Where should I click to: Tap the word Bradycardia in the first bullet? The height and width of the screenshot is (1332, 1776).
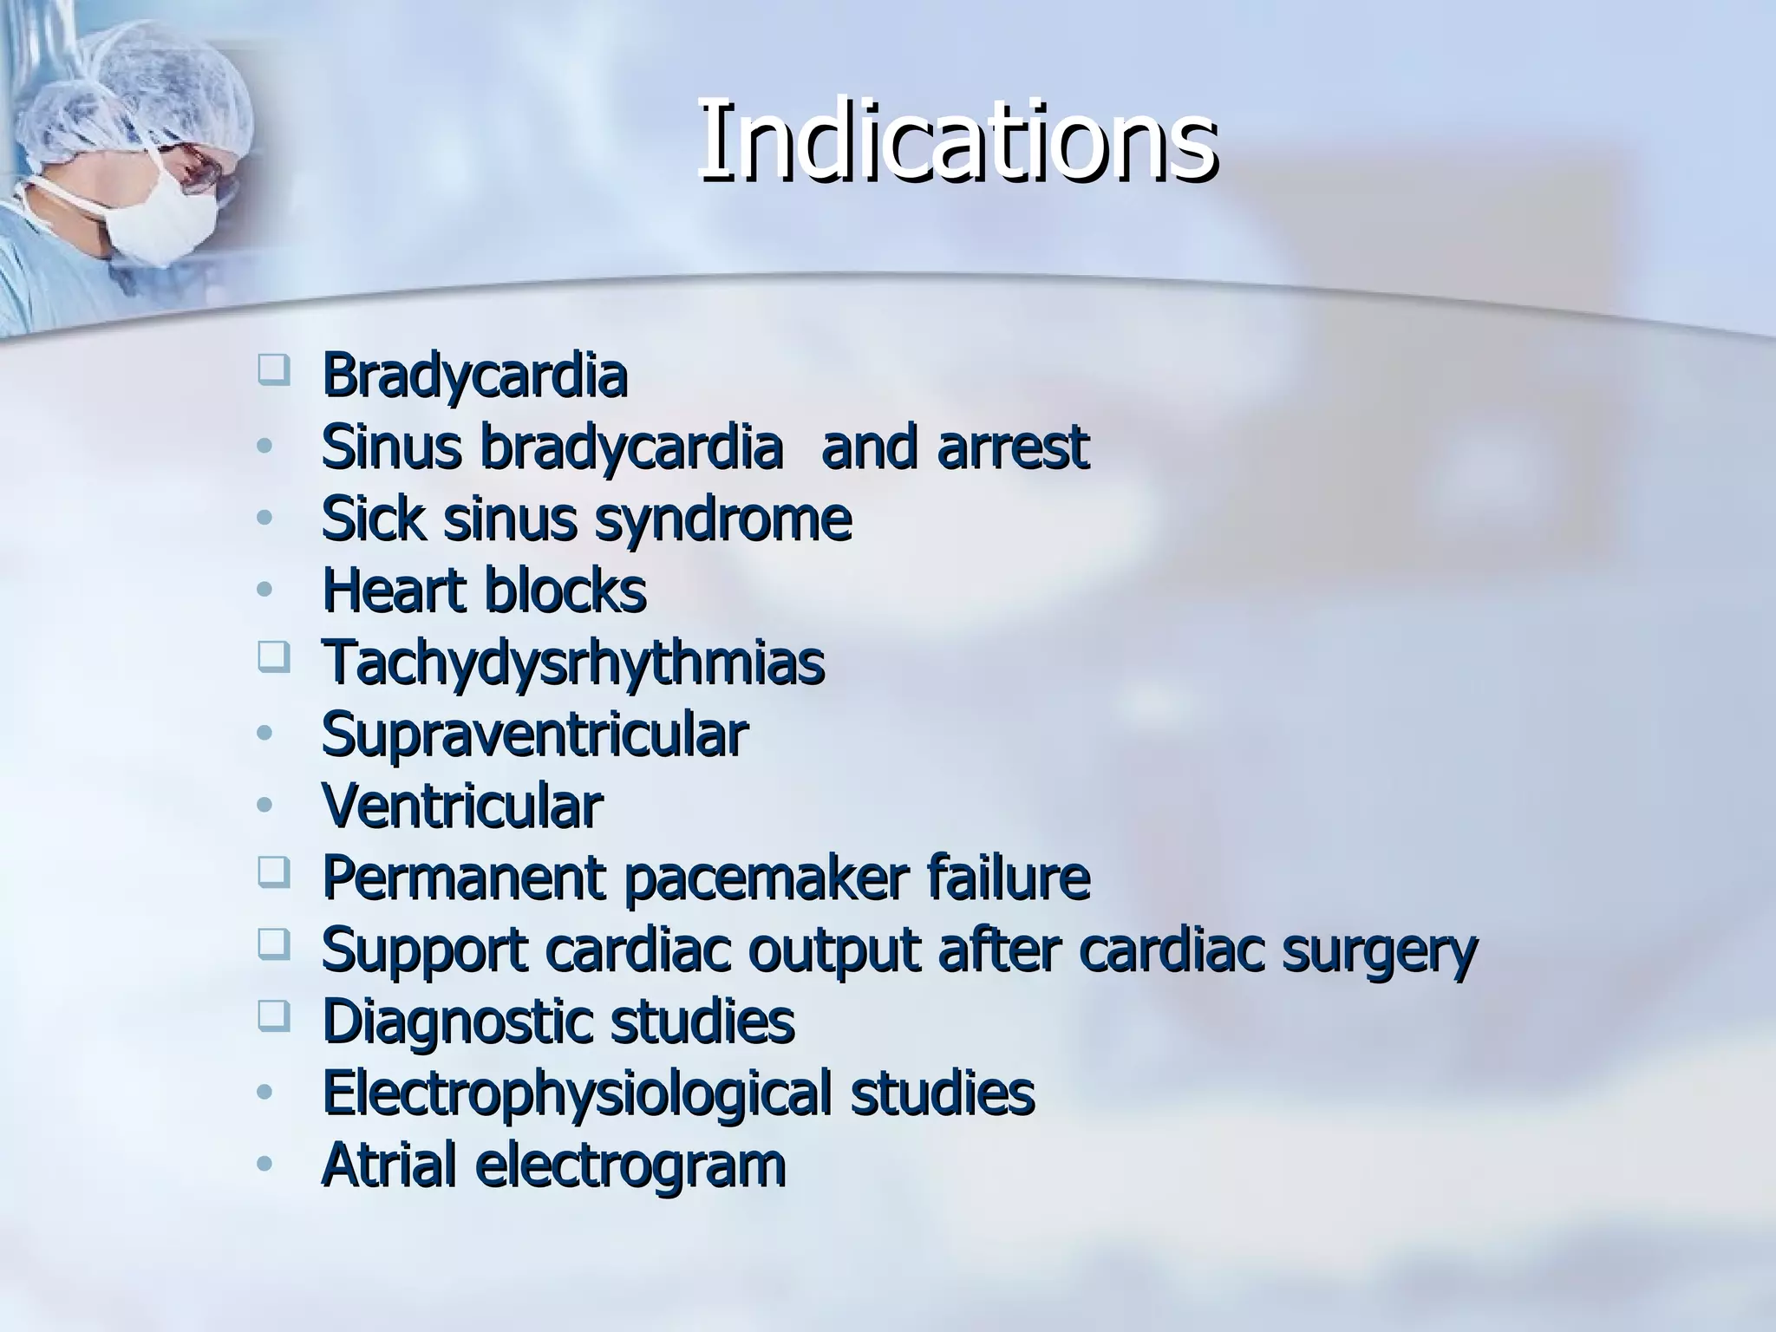pos(474,375)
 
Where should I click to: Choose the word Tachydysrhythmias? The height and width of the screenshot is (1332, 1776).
pos(572,663)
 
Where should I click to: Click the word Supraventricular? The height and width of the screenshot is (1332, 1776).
pos(534,735)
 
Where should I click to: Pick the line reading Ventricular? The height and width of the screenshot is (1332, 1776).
pos(462,806)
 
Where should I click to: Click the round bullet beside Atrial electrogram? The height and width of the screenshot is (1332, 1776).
pos(265,1163)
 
